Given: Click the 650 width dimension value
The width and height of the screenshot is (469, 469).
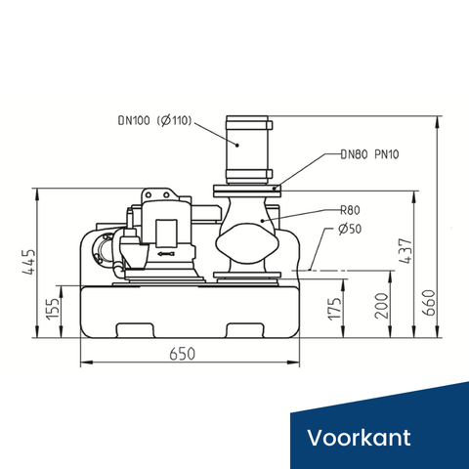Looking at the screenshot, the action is (x=183, y=354).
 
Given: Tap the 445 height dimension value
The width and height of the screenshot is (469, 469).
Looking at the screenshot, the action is (x=28, y=263).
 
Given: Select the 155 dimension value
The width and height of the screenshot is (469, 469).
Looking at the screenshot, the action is (x=53, y=309).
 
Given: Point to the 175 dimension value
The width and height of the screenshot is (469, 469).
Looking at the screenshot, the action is (x=335, y=309).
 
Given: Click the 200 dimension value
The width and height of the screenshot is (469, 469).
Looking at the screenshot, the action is (x=382, y=306).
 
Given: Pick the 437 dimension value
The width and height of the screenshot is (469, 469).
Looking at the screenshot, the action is (x=405, y=251).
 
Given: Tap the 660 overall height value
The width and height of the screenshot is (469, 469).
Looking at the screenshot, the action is (x=429, y=303).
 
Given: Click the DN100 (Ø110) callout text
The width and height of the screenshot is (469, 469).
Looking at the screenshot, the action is (x=154, y=121).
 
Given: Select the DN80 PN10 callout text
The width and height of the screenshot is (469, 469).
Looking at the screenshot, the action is (x=369, y=154).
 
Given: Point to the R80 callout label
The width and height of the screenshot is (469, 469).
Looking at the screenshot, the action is (x=350, y=210).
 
